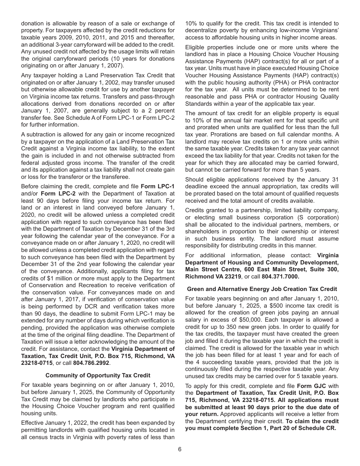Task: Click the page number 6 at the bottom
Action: [180, 449]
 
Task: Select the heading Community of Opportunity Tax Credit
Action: [98, 375]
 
